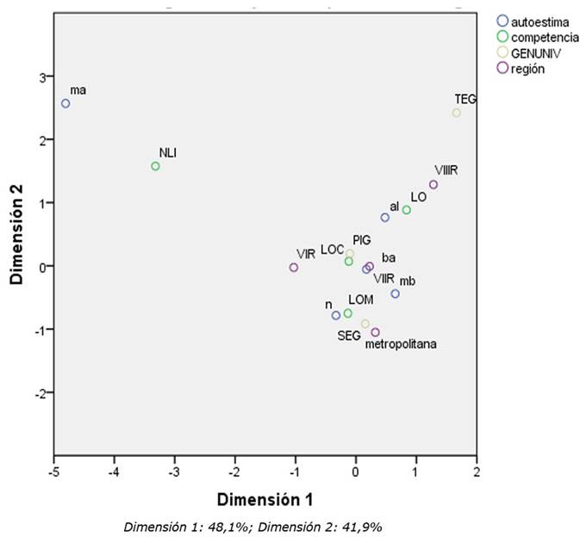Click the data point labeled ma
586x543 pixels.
(x=65, y=103)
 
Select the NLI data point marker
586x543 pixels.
(x=155, y=166)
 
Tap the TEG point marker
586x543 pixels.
(x=457, y=113)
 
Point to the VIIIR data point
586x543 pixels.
(x=433, y=184)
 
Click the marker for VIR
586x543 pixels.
(x=294, y=268)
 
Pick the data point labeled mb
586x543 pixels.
(x=396, y=293)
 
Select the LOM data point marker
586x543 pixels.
(x=348, y=313)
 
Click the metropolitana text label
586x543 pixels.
(x=401, y=344)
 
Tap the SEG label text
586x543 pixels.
(x=348, y=336)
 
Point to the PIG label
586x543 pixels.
(x=361, y=239)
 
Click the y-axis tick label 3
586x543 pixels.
(x=40, y=77)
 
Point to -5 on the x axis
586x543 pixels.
(x=53, y=472)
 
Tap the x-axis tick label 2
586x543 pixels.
(x=476, y=472)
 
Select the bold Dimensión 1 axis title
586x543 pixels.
(x=265, y=500)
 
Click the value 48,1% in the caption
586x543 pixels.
(x=237, y=527)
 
